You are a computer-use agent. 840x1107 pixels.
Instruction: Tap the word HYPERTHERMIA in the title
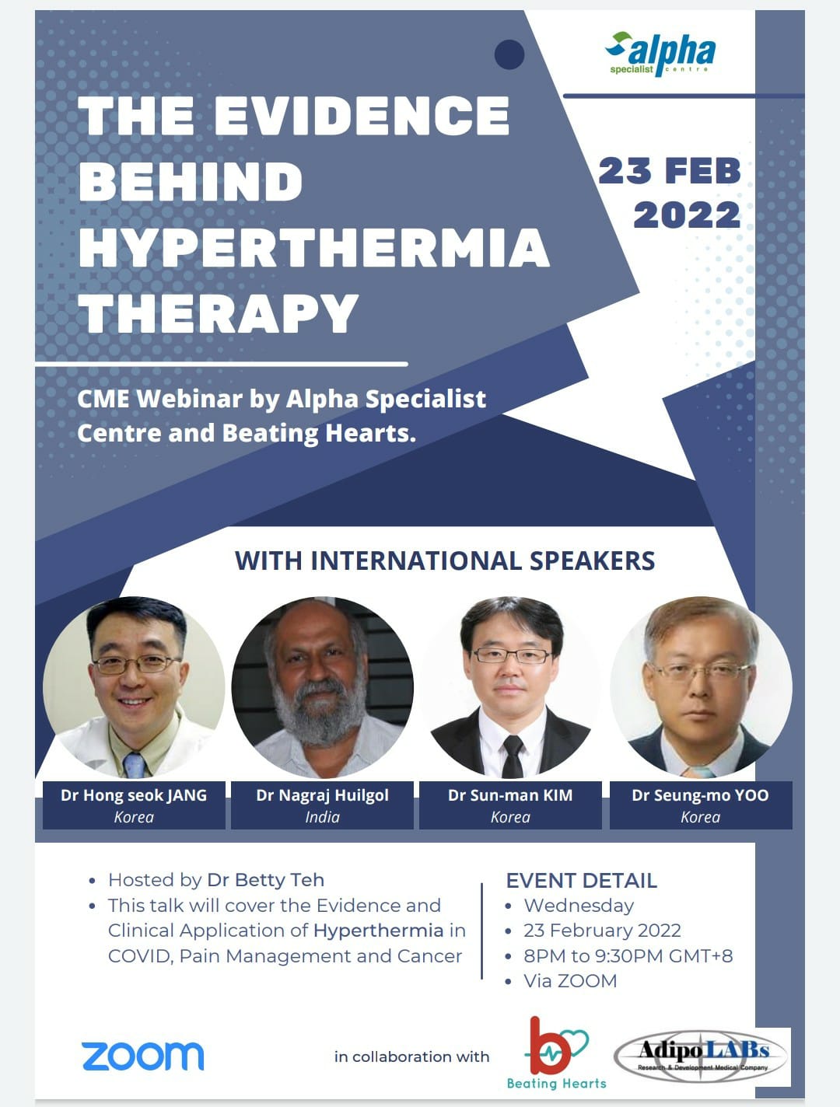[x=313, y=248]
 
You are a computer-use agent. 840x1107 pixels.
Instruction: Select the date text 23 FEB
[x=670, y=171]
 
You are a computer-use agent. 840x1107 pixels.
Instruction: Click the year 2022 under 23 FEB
[x=687, y=215]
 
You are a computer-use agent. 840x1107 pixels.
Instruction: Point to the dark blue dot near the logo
[x=509, y=54]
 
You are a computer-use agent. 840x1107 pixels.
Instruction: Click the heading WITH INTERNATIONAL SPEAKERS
[x=445, y=560]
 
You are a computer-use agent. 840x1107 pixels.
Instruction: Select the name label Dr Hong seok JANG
[x=134, y=795]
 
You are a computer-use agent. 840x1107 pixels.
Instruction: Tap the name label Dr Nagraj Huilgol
[x=322, y=795]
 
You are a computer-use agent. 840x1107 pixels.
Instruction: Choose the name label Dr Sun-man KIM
[x=510, y=795]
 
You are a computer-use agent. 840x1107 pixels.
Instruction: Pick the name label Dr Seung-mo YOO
[x=700, y=795]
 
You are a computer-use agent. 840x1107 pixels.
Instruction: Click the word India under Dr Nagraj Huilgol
[x=322, y=817]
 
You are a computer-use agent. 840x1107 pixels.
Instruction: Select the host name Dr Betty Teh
[x=265, y=880]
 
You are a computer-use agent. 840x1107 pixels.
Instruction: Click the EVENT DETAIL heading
[x=581, y=881]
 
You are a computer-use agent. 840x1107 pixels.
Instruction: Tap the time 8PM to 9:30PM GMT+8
[x=628, y=955]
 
